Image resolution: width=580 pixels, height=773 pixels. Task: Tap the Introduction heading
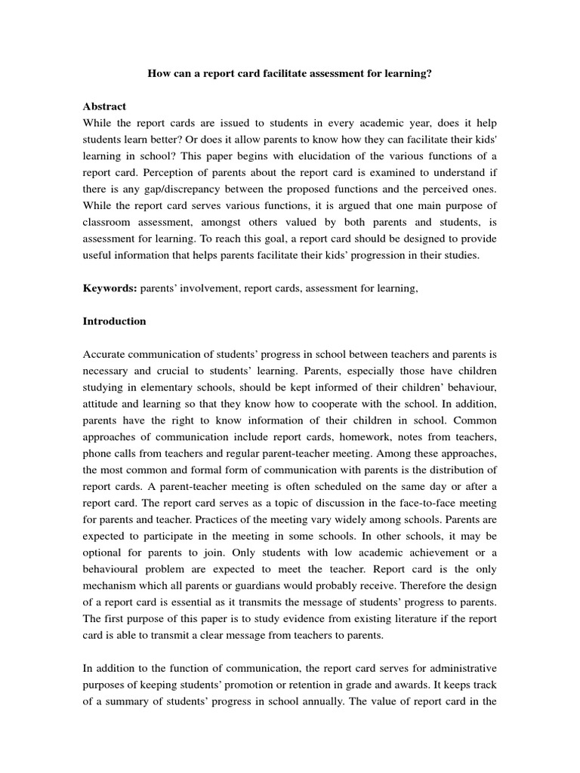click(114, 321)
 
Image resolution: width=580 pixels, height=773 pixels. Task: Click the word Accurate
click(105, 354)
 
